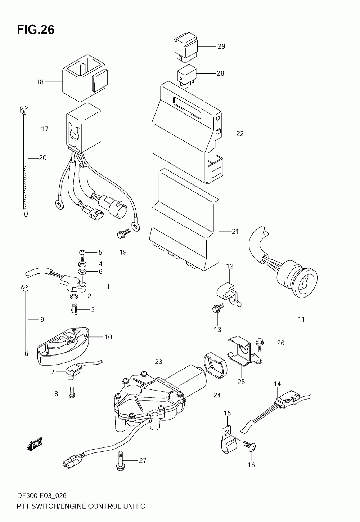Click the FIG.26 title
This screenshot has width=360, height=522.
coord(35,30)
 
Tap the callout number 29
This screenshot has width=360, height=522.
coord(221,46)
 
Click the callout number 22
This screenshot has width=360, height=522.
coord(240,134)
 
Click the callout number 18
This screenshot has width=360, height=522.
coord(40,82)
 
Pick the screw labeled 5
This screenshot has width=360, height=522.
coord(83,253)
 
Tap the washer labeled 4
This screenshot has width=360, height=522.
coord(82,264)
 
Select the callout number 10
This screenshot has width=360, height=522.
coord(108,337)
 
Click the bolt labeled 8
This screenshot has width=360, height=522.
coord(72,393)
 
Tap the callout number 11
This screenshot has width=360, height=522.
coord(301,319)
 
